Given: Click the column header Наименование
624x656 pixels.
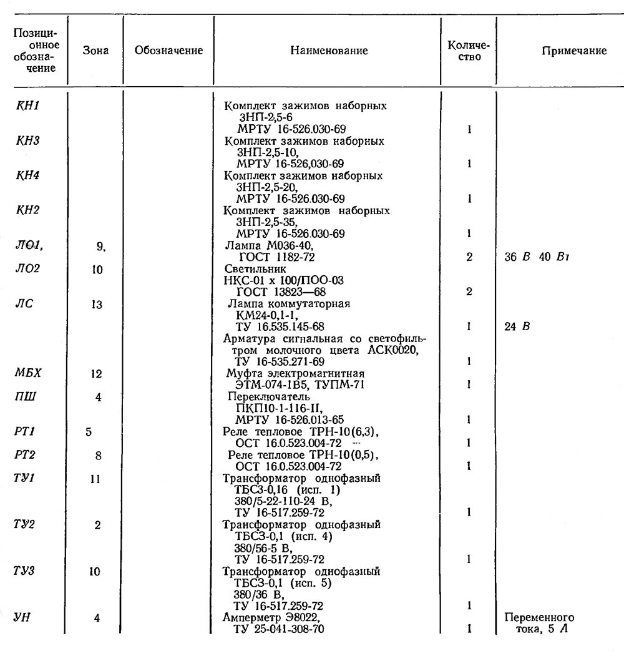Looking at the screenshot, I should [x=329, y=51].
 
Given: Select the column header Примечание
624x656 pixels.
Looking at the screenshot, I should [x=574, y=51].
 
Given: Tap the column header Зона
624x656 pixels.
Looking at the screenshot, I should [x=95, y=51].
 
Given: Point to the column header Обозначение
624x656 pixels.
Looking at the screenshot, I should [x=168, y=51].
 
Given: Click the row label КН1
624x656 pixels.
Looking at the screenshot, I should [x=27, y=105].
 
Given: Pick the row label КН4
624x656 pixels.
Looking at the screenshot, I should [x=27, y=175].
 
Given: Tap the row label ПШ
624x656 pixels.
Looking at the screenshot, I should [x=27, y=397].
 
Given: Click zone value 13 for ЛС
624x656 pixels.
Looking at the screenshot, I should [x=97, y=304].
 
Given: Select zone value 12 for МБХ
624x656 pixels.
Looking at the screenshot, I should [x=97, y=374].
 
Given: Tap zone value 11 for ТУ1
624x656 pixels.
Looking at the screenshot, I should [x=97, y=479].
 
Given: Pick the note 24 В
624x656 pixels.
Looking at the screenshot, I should [x=517, y=326].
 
